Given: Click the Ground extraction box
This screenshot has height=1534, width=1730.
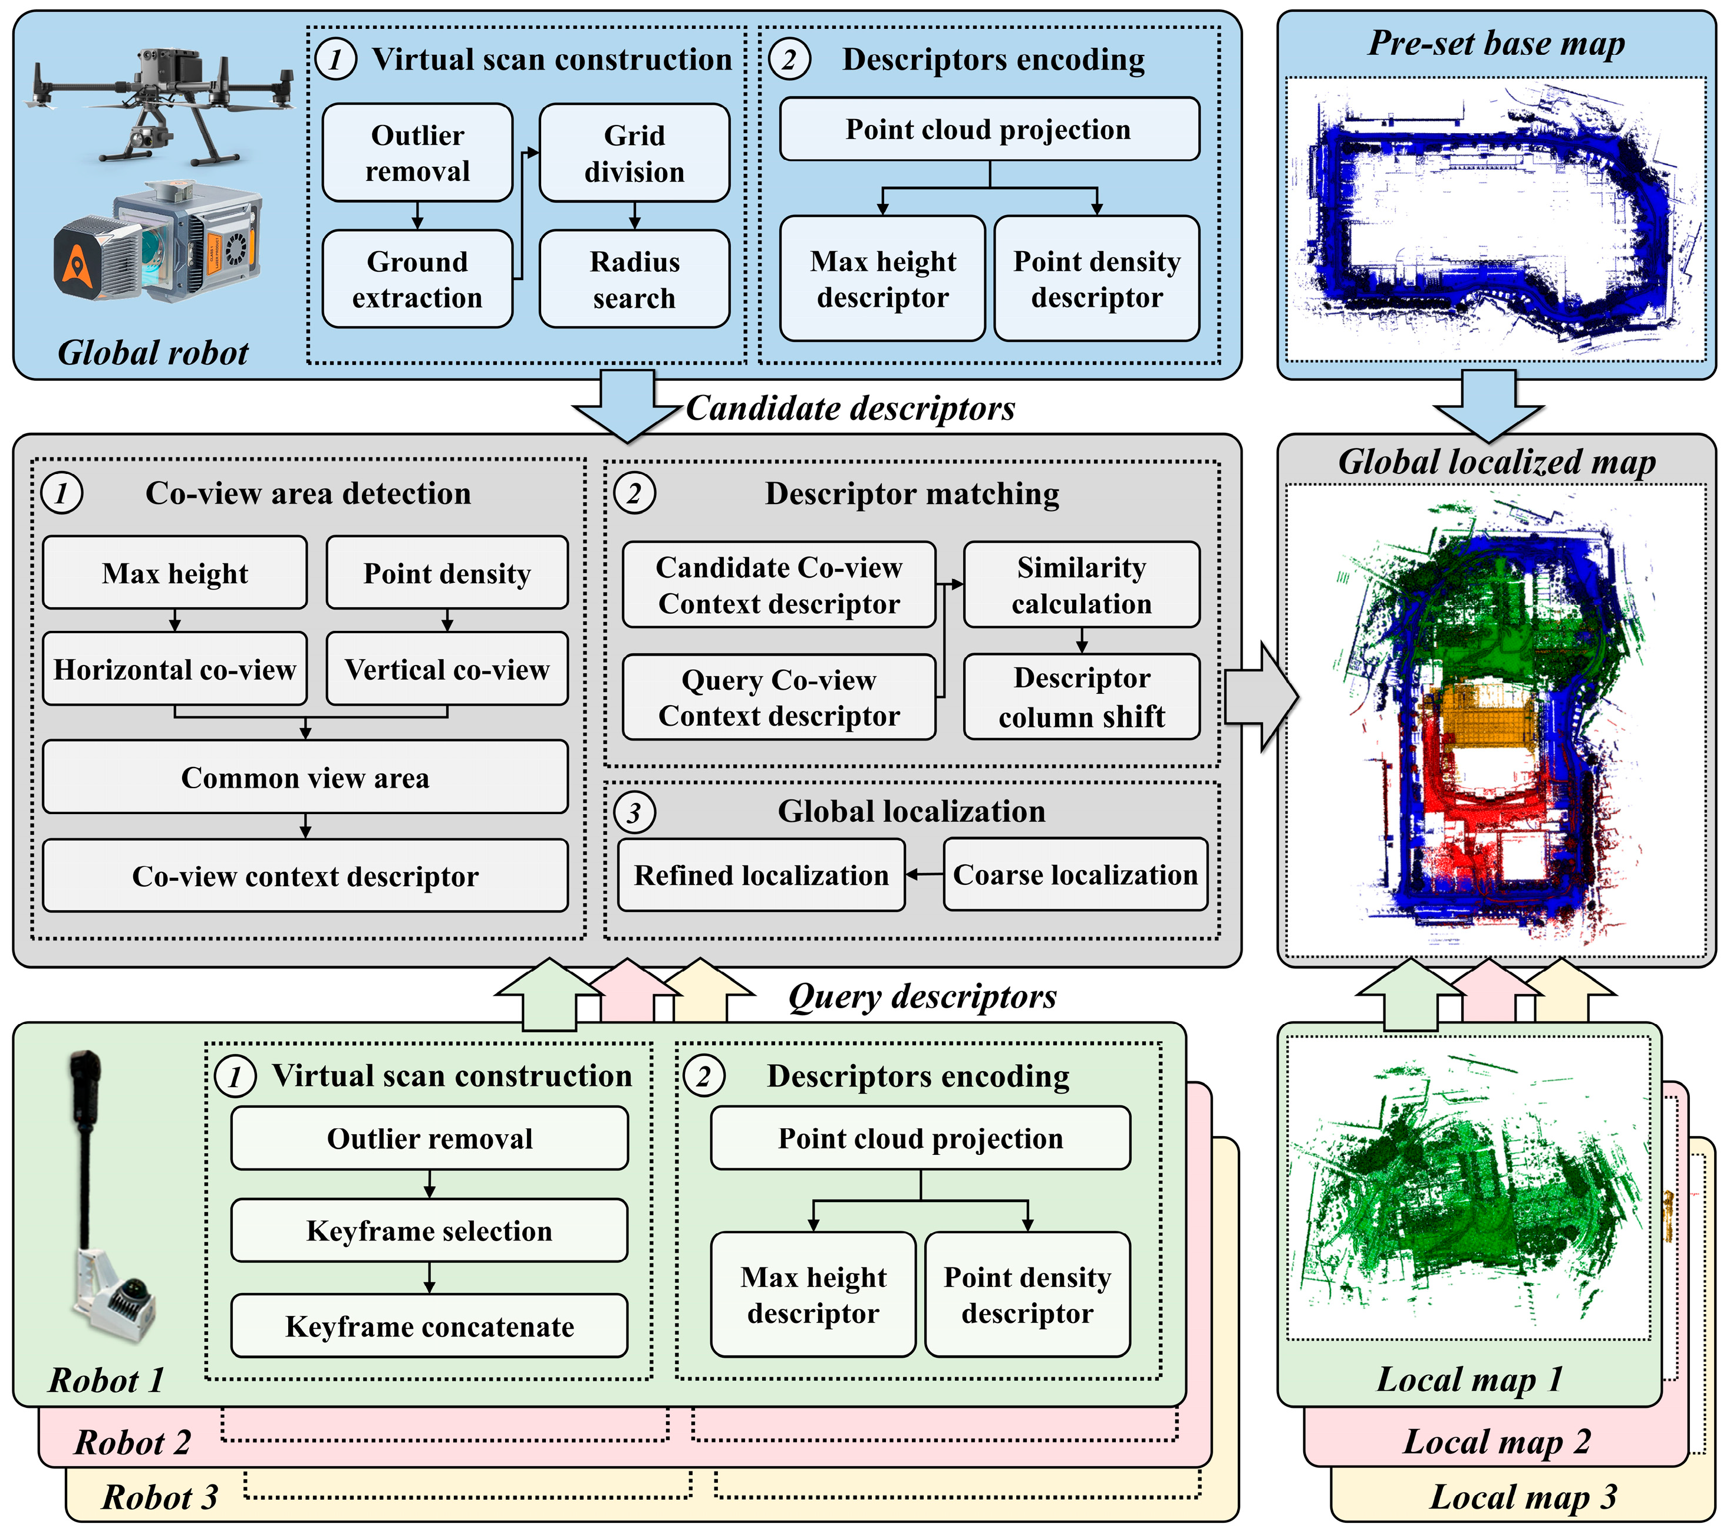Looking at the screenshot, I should [x=417, y=279].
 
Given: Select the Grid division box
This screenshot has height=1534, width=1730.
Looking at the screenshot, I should [x=634, y=153].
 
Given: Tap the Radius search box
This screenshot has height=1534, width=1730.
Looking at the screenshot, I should [x=634, y=279].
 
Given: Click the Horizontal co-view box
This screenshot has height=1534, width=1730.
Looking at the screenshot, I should [x=174, y=670].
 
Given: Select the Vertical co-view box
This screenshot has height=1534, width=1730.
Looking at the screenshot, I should [x=447, y=670].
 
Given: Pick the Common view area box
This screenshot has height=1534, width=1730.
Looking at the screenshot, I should [x=305, y=777].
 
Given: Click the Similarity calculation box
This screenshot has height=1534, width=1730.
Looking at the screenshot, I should [x=1081, y=585].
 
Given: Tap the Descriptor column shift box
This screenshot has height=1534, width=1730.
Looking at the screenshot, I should [x=1081, y=697].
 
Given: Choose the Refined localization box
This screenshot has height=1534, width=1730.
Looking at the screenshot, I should [x=761, y=875].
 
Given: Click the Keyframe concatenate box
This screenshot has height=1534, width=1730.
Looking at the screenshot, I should [x=429, y=1326].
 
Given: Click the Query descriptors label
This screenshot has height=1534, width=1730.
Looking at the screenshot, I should [x=922, y=996].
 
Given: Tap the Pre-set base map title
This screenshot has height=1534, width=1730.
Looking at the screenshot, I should [x=1495, y=43].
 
